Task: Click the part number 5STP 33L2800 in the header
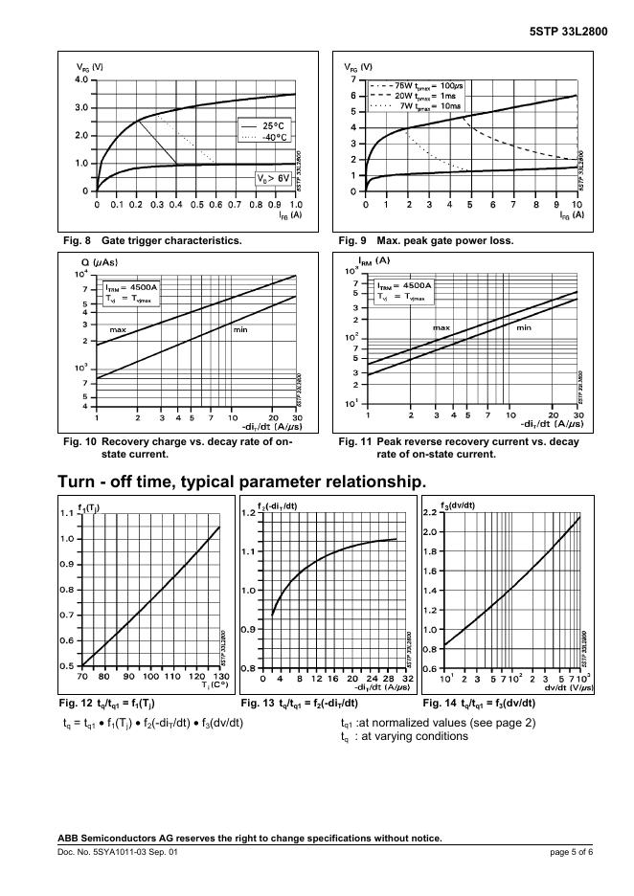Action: click(x=568, y=31)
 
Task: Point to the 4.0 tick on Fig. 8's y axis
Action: click(x=80, y=79)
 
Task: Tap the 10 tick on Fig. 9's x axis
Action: click(x=576, y=205)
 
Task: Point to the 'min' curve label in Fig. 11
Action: click(x=524, y=327)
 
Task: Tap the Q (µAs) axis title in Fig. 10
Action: click(x=99, y=260)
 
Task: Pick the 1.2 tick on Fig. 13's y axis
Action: click(x=249, y=513)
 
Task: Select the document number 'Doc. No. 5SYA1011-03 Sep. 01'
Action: click(x=118, y=851)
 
